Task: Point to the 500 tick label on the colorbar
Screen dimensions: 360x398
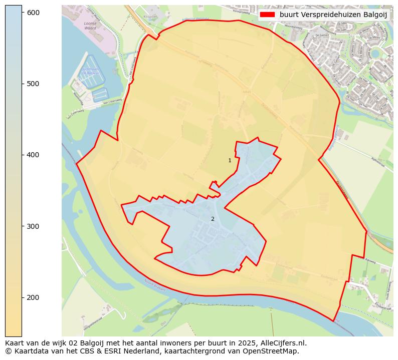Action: click(x=33, y=84)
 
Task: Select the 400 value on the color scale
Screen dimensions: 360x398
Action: click(x=33, y=155)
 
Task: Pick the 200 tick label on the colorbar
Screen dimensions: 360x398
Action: click(x=33, y=297)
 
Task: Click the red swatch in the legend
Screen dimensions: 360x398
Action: click(x=268, y=15)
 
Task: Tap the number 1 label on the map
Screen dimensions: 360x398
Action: click(x=230, y=161)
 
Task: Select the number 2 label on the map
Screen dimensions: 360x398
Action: click(x=213, y=219)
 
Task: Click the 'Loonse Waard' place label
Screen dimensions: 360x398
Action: click(x=90, y=26)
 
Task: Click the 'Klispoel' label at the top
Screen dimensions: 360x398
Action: click(x=150, y=17)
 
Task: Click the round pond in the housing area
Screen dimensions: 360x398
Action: click(x=375, y=53)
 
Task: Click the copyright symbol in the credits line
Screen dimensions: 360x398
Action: click(x=8, y=351)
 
